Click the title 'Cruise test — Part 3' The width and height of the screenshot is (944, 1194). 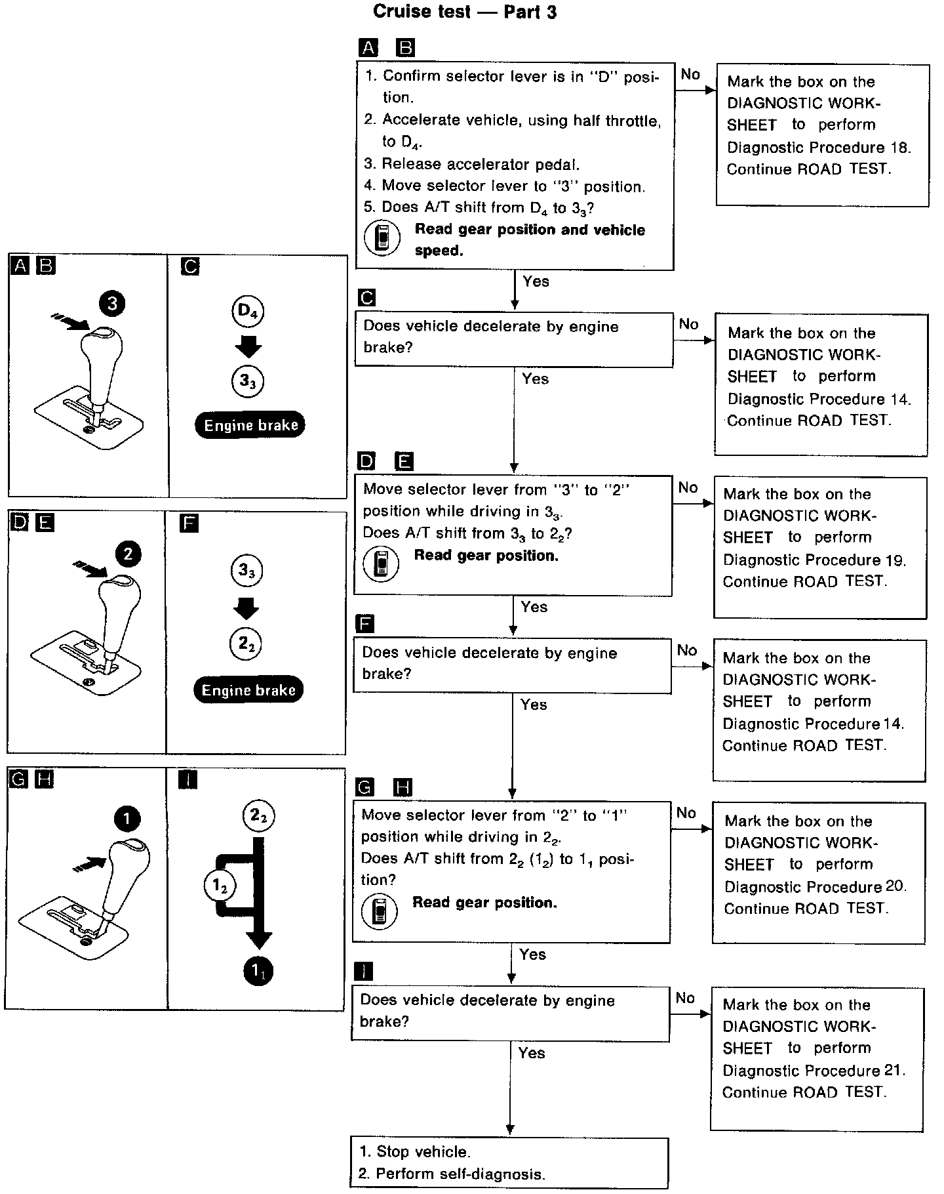465,11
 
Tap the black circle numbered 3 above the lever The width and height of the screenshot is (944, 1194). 113,302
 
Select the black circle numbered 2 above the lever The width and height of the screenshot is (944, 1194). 128,554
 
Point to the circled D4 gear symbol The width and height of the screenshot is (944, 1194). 247,311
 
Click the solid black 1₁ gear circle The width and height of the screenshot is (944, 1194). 258,972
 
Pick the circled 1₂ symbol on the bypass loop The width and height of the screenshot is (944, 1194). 220,886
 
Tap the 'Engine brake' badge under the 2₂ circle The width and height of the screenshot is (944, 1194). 248,690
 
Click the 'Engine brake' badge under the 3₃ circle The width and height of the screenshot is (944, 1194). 250,425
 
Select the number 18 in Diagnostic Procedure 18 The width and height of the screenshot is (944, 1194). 899,148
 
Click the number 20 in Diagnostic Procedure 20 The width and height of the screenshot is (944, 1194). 895,887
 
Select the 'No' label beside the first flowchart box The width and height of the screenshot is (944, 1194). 690,74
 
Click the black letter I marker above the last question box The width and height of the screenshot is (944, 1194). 363,970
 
